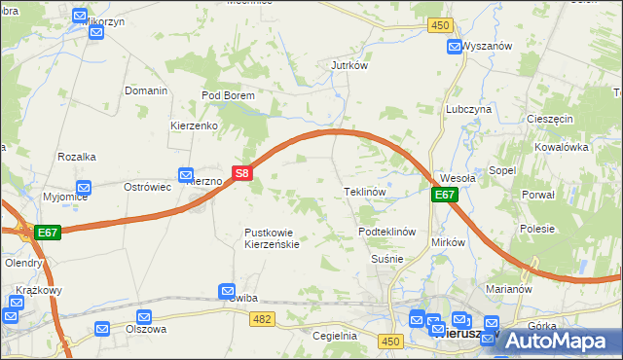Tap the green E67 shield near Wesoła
(x=445, y=196)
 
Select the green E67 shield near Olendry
(x=48, y=234)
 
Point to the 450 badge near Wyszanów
(x=442, y=25)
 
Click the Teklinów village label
(x=366, y=193)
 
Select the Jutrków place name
(x=348, y=65)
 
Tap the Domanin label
(x=146, y=90)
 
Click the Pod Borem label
(x=228, y=96)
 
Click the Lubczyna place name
(x=468, y=110)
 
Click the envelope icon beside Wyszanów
(x=455, y=47)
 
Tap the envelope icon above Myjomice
(x=84, y=188)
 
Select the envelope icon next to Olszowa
(x=145, y=316)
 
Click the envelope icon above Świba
(x=227, y=290)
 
